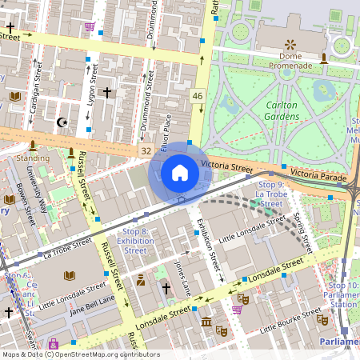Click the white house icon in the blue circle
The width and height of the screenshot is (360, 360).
tap(180, 172)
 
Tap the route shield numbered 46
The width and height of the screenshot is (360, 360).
tap(197, 96)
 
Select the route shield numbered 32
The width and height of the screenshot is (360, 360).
tap(145, 150)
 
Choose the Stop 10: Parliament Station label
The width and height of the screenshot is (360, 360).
tap(342, 294)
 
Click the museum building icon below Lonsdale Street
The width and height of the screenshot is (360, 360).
tap(206, 322)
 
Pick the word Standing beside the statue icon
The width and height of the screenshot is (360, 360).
tap(32, 158)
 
